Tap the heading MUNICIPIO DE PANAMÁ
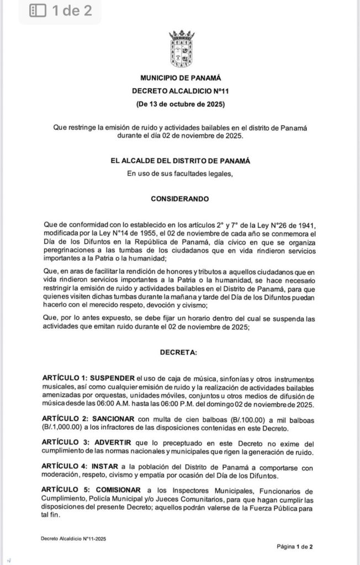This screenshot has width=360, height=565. point(181,78)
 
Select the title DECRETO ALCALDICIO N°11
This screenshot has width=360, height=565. point(181,91)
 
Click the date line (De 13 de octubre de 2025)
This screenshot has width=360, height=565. point(181,103)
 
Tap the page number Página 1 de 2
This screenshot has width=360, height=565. point(295,546)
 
